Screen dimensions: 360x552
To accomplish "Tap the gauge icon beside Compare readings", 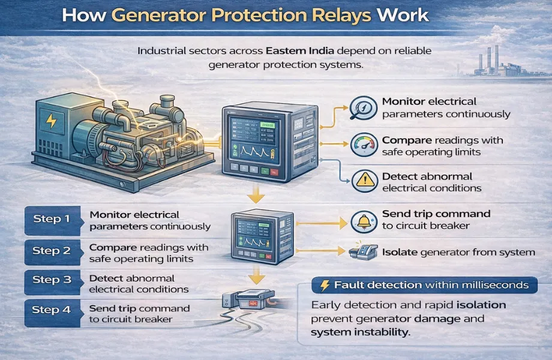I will tap(365, 145).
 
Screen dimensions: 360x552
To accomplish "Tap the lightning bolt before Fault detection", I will tap(323, 286).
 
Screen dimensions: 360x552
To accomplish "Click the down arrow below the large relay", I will tap(257, 196).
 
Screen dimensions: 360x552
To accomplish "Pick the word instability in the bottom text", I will tap(382, 331).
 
